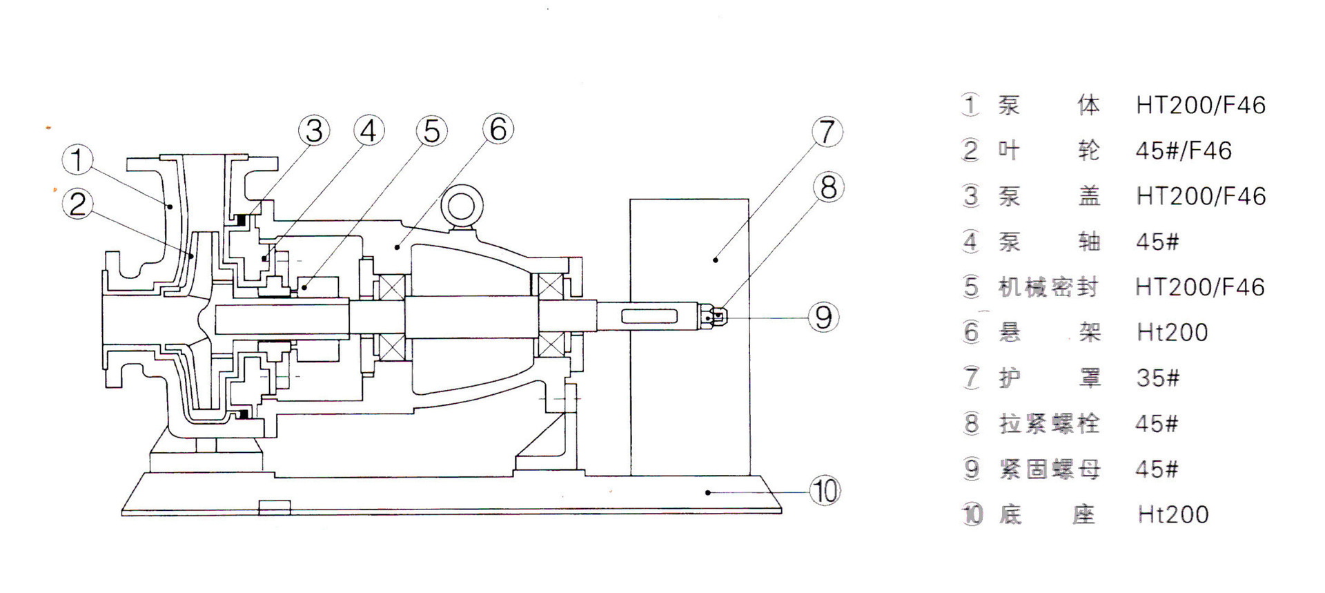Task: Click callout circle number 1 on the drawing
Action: coord(77,159)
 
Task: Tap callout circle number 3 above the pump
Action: coord(314,130)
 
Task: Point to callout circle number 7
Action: coord(827,132)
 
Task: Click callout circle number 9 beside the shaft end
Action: coord(823,317)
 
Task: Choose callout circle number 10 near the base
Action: coord(825,491)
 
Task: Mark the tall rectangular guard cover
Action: coord(689,337)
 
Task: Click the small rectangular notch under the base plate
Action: coord(275,508)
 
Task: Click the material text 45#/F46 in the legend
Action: coord(1184,150)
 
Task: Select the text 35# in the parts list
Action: coord(1158,378)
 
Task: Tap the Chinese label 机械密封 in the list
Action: coord(1048,286)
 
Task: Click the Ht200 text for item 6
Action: coord(1172,332)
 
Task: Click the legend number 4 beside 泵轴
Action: coord(971,242)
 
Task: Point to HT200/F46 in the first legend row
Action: coord(1201,105)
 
